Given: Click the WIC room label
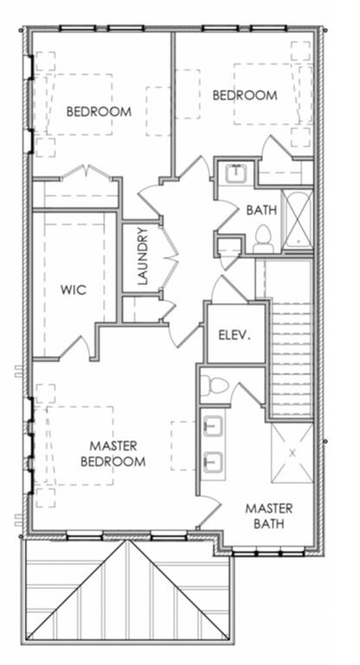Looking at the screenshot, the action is tap(74, 290).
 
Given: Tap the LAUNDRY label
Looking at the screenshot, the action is tap(143, 255).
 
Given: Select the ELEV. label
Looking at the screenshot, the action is tap(235, 335).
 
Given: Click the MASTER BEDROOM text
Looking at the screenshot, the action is tap(113, 454).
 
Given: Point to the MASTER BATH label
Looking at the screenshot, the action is tap(269, 515).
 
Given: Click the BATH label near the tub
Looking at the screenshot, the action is tap(261, 210).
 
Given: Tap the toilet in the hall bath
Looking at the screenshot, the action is tap(262, 240).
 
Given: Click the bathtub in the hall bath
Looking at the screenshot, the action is tap(298, 220).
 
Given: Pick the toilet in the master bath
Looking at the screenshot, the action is tap(214, 385).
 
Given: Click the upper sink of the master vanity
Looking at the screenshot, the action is tap(213, 426).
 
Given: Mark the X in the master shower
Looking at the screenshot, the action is tap(292, 453).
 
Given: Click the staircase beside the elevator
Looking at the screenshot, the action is tap(291, 358).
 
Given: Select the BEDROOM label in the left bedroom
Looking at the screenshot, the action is tap(99, 112).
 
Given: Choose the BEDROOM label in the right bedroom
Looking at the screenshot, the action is tap(245, 95).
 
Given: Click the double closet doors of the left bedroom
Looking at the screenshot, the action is tap(87, 173).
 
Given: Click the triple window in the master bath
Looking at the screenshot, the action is tap(268, 553).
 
